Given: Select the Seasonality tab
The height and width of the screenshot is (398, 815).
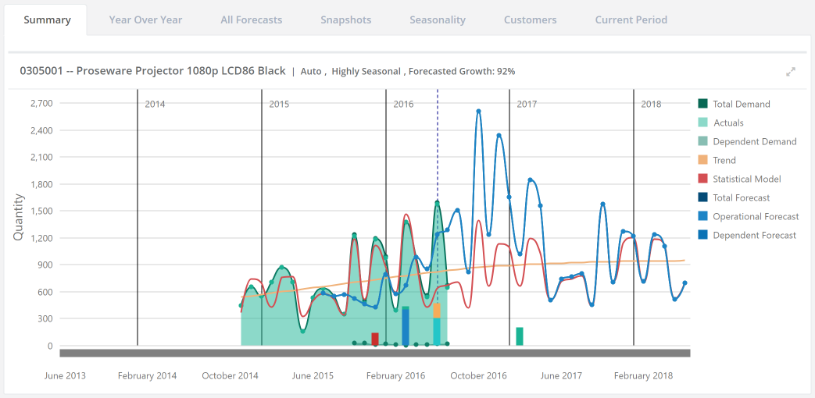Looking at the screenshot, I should pyautogui.click(x=438, y=20).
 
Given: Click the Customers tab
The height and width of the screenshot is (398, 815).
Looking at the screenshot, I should pyautogui.click(x=530, y=20).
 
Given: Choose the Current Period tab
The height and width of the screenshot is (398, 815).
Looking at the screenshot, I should pyautogui.click(x=631, y=20).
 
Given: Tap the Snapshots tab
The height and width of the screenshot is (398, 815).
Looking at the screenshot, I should pyautogui.click(x=345, y=20).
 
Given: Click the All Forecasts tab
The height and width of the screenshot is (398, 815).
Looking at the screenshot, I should pyautogui.click(x=251, y=20).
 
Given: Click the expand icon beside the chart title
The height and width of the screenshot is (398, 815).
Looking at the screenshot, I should pyautogui.click(x=791, y=72).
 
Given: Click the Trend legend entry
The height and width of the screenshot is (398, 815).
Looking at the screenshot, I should pyautogui.click(x=724, y=160).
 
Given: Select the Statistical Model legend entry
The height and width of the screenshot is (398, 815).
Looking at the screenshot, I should pyautogui.click(x=746, y=179).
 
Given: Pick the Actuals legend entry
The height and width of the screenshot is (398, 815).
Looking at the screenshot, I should pyautogui.click(x=728, y=123).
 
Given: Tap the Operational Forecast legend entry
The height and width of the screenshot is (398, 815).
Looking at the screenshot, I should pyautogui.click(x=755, y=216).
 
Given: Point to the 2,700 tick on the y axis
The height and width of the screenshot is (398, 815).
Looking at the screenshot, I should pyautogui.click(x=41, y=103).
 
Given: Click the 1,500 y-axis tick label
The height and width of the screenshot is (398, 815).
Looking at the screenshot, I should pyautogui.click(x=41, y=211).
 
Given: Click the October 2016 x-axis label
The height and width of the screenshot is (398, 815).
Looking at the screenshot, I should pyautogui.click(x=478, y=375).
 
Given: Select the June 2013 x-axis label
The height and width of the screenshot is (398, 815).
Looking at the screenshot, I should pyautogui.click(x=65, y=375).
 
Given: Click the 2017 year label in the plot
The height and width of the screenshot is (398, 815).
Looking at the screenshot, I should pyautogui.click(x=527, y=104).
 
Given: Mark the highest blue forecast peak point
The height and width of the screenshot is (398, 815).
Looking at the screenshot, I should pyautogui.click(x=478, y=111).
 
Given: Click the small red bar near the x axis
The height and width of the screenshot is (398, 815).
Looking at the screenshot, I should pyautogui.click(x=375, y=339).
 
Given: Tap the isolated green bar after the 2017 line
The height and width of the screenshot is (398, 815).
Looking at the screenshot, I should pyautogui.click(x=520, y=336).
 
